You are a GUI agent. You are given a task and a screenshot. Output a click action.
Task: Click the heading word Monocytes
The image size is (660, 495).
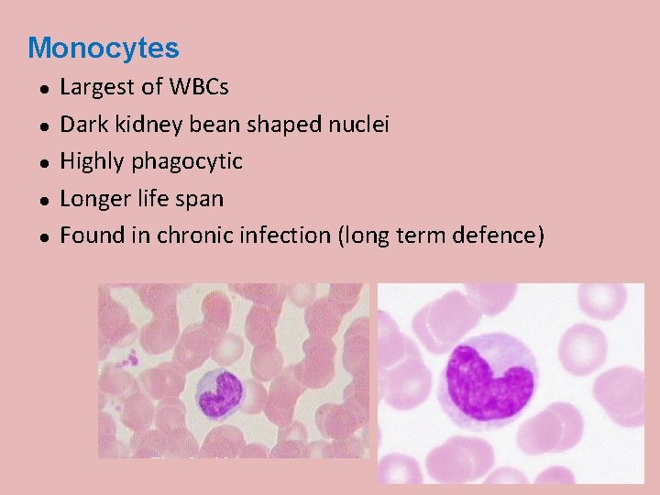[103, 48]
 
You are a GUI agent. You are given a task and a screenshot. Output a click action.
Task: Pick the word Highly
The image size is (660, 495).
[93, 162]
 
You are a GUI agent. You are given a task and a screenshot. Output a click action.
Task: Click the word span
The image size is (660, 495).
[201, 199]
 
